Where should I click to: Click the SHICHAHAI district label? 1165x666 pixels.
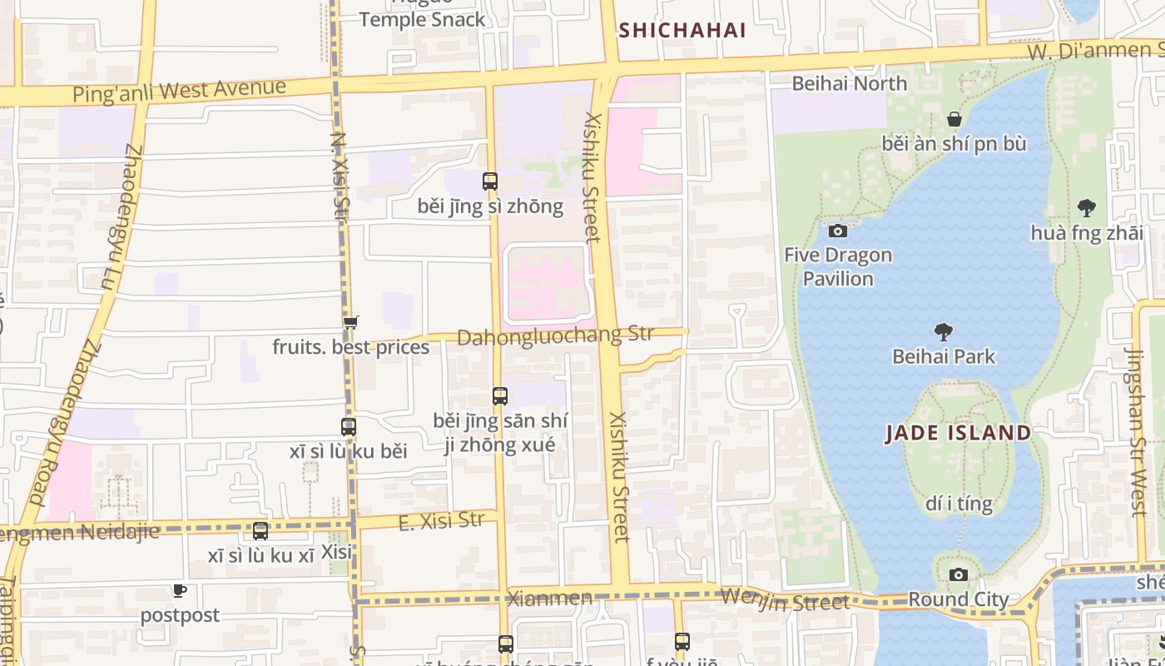pyautogui.click(x=682, y=31)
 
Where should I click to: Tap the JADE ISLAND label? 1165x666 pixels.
pyautogui.click(x=958, y=433)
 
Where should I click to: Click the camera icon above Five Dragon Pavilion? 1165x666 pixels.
pyautogui.click(x=838, y=231)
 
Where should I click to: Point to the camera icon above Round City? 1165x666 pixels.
pyautogui.click(x=959, y=574)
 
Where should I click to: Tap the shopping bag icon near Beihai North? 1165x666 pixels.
pyautogui.click(x=954, y=119)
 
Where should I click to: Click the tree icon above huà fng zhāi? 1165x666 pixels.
pyautogui.click(x=1086, y=208)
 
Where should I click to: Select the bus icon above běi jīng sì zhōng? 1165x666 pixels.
pyautogui.click(x=490, y=181)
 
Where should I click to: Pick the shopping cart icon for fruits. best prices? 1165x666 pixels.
pyautogui.click(x=350, y=322)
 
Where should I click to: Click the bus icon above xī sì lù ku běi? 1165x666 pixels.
pyautogui.click(x=349, y=427)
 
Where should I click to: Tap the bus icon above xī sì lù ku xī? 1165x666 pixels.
pyautogui.click(x=260, y=530)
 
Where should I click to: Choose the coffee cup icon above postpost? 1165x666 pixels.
pyautogui.click(x=179, y=591)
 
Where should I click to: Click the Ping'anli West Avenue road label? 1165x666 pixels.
pyautogui.click(x=179, y=90)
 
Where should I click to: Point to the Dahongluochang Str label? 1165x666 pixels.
pyautogui.click(x=555, y=336)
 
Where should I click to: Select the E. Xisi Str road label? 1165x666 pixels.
pyautogui.click(x=441, y=521)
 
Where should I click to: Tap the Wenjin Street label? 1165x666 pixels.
pyautogui.click(x=785, y=599)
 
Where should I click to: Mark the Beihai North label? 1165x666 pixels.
pyautogui.click(x=849, y=83)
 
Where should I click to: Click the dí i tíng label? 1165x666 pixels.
pyautogui.click(x=959, y=504)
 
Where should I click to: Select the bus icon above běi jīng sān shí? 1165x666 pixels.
pyautogui.click(x=499, y=396)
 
